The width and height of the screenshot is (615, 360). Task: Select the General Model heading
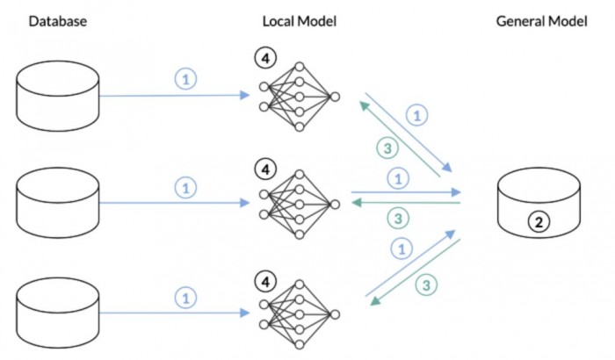pos(541,21)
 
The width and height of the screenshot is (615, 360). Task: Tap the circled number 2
pos(539,221)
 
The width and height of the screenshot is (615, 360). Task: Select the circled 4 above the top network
pos(264,58)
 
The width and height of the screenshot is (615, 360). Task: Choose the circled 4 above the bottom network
pos(264,281)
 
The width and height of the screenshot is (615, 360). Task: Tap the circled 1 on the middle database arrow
pos(185,187)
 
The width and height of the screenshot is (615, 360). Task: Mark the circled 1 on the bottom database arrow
pos(185,297)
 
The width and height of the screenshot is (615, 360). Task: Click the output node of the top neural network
pos(334,97)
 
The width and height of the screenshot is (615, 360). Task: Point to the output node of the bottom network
pos(334,314)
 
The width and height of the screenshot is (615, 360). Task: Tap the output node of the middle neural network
pos(334,204)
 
